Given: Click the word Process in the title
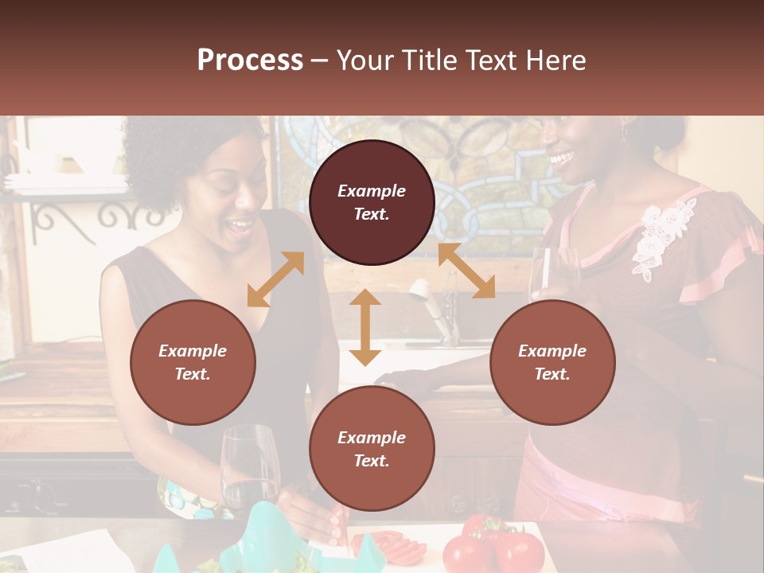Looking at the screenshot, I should click(250, 60).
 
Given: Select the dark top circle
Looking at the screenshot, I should click(372, 202).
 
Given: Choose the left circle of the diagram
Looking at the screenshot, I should click(193, 362).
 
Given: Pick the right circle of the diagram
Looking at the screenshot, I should click(552, 362).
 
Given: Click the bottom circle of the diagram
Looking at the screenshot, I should click(372, 449).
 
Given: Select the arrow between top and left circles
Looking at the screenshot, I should click(275, 279).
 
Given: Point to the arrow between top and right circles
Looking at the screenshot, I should click(466, 271).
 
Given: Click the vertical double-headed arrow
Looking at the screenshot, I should click(365, 327).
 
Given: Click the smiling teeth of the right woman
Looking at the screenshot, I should click(560, 156).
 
